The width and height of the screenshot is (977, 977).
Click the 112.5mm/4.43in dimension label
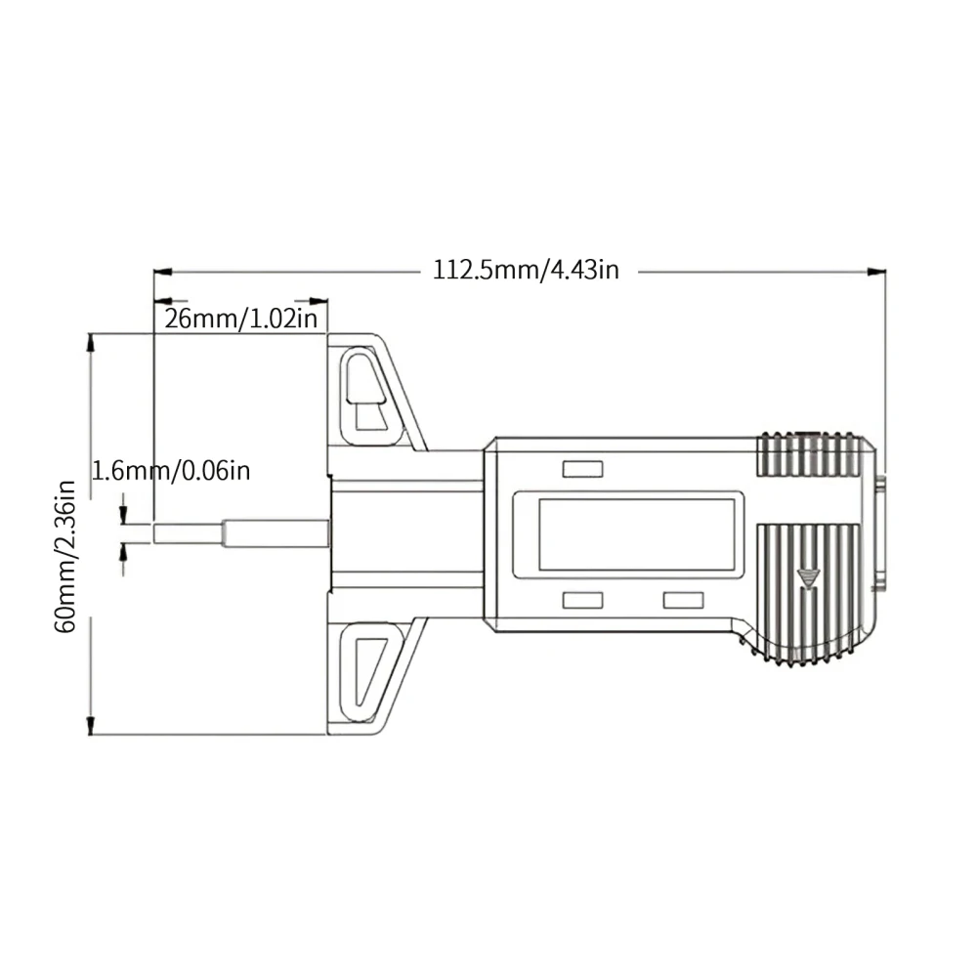coord(526,270)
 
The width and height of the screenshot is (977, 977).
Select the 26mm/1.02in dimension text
coord(240,319)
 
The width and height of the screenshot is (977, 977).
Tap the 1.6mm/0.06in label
coord(171,471)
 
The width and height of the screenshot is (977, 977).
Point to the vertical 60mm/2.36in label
coord(65,555)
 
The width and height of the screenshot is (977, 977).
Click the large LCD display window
coord(636,534)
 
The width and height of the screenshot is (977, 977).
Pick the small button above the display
coord(582,470)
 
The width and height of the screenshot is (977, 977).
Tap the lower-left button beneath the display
coord(582,599)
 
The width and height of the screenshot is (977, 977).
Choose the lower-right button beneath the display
coord(683,599)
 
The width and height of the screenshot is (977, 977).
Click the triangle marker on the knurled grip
coord(808,577)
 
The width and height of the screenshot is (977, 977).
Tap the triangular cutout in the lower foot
coord(367,669)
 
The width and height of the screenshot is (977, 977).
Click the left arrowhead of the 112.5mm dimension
coord(163,271)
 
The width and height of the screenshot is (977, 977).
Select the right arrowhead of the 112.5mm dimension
coord(876,271)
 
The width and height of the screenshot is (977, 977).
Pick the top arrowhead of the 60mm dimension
coord(92,343)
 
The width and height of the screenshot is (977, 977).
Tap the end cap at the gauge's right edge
coord(881,532)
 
